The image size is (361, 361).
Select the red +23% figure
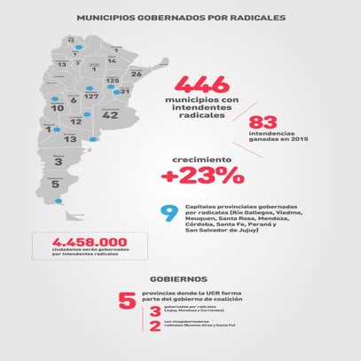pos(202,176)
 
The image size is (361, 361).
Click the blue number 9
pos(166,214)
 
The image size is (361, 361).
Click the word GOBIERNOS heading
pos(180,278)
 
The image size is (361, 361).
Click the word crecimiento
pos(201,160)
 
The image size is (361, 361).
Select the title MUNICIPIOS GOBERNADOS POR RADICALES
pos(180,17)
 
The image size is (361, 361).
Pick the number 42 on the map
pos(110,114)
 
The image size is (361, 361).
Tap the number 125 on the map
pos(113,82)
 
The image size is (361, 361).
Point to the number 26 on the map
pos(136,75)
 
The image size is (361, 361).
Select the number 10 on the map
pos(58,108)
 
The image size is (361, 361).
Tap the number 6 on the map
pos(73,100)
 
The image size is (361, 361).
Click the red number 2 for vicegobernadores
pos(155,327)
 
